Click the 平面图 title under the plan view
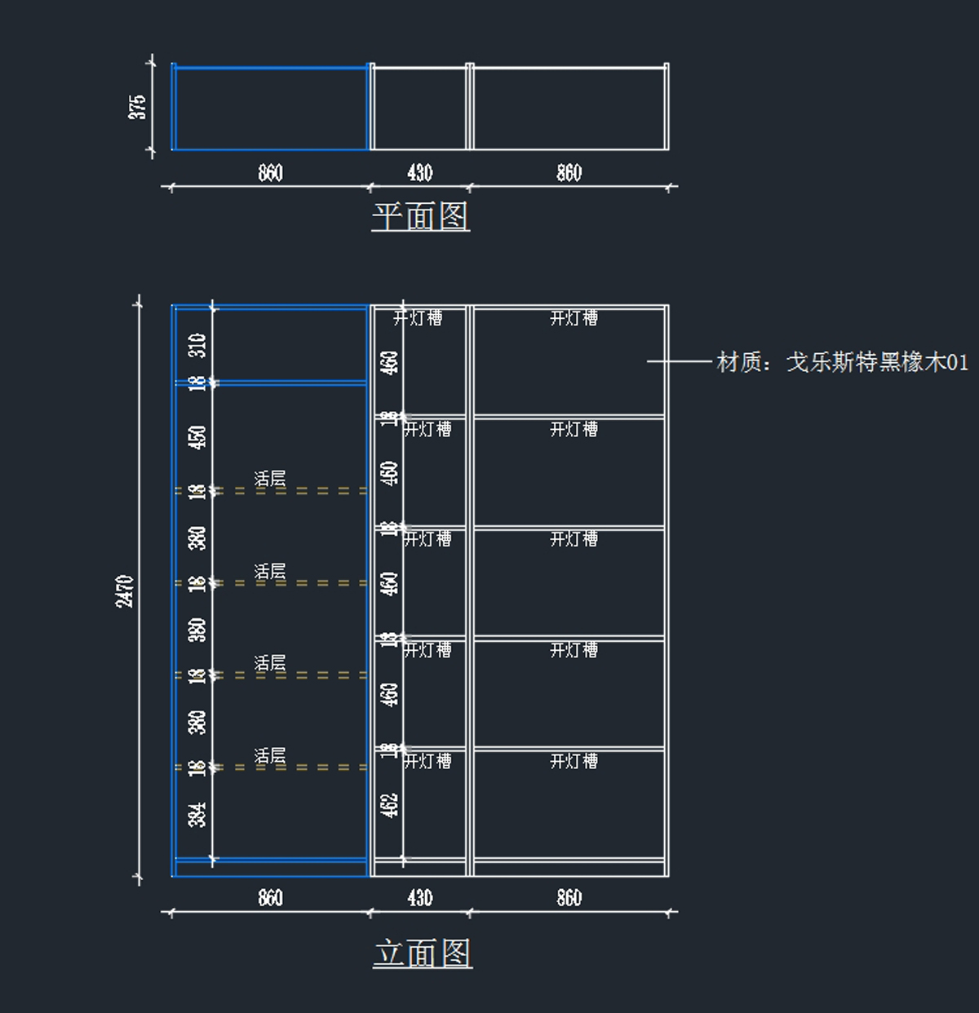[x=420, y=216]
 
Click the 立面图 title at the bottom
[x=423, y=953]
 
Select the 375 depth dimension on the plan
[x=137, y=107]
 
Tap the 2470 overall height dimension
[x=125, y=591]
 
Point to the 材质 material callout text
[x=842, y=361]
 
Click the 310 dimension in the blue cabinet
[x=197, y=345]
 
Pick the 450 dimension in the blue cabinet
[x=197, y=437]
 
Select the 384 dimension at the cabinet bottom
[x=197, y=814]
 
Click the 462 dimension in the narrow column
[x=390, y=805]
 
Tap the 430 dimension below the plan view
[x=419, y=173]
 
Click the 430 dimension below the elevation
[x=419, y=898]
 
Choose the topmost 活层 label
[x=270, y=479]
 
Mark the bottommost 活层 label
[x=270, y=756]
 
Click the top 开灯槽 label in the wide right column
[x=574, y=317]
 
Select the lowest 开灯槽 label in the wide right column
[x=574, y=761]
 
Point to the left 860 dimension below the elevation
[x=270, y=898]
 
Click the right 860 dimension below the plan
[x=569, y=173]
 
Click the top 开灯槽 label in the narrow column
[x=418, y=317]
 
